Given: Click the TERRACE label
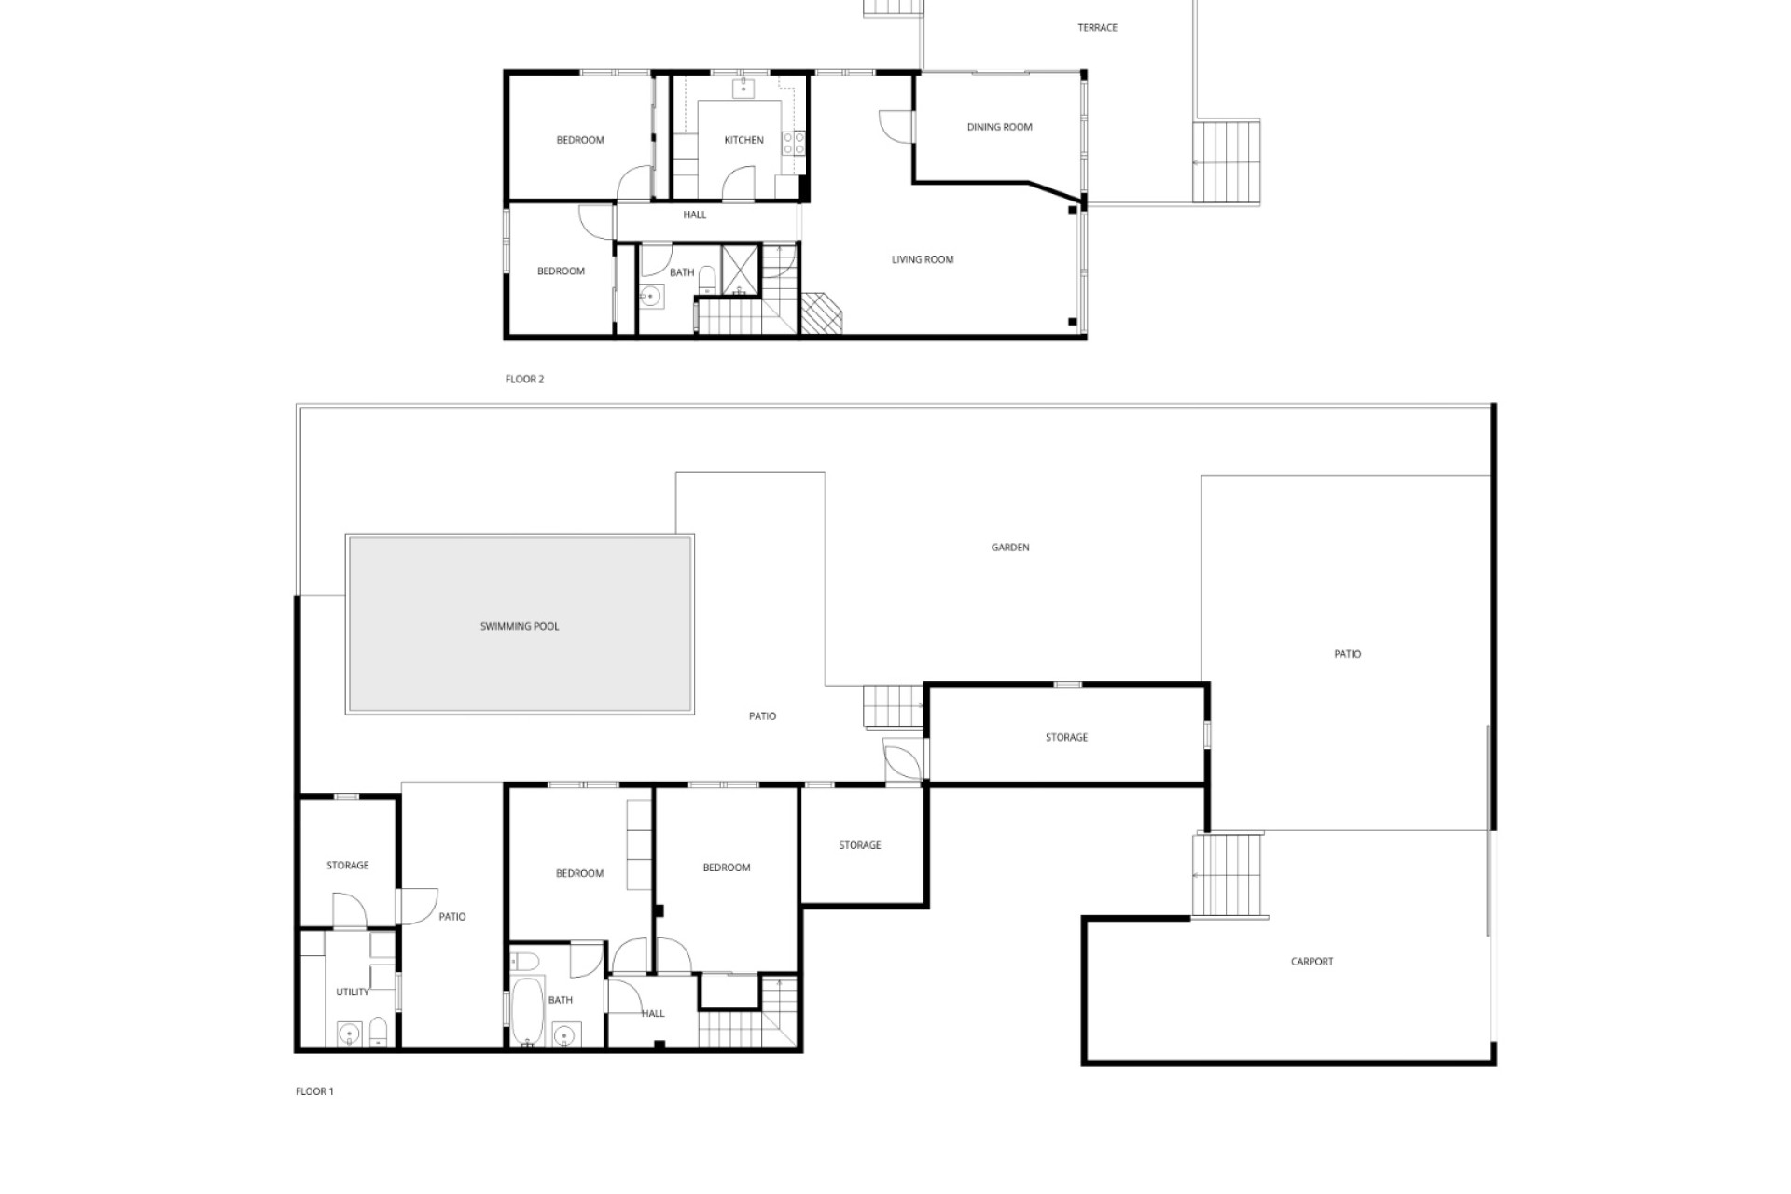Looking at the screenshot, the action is [x=1097, y=28].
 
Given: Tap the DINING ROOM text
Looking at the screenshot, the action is [x=999, y=127].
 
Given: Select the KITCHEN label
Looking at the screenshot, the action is [x=743, y=140].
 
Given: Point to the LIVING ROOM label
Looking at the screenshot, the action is [x=922, y=259].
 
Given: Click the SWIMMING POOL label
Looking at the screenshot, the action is [x=520, y=626].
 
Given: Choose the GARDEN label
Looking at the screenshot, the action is [x=1009, y=548].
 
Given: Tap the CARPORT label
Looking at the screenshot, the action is [x=1312, y=962].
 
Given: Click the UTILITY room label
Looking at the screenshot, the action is [x=352, y=993].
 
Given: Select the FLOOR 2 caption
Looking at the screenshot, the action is [x=524, y=379].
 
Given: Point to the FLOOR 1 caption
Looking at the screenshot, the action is [x=314, y=1091].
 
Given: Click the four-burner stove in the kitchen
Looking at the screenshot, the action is [x=794, y=143].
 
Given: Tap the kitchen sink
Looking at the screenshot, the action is [x=743, y=90].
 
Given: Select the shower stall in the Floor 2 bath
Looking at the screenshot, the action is [x=742, y=267].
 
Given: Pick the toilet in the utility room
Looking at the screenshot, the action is [x=378, y=1032].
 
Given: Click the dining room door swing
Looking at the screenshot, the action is [x=896, y=126].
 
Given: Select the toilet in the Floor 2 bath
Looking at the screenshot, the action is [x=706, y=279].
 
